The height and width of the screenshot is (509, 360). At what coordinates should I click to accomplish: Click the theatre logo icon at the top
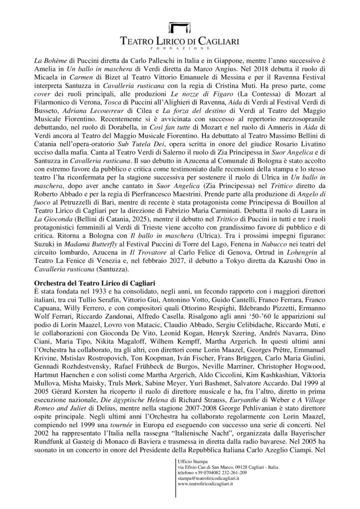tap(180, 28)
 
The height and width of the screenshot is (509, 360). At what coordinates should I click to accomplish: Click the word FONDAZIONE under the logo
tap(180, 49)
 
